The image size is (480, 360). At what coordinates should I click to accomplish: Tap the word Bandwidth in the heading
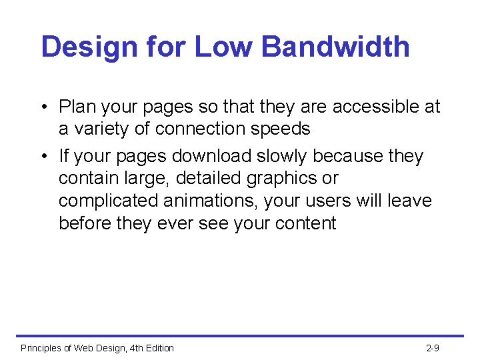(335, 47)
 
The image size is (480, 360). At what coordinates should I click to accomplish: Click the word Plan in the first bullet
(77, 107)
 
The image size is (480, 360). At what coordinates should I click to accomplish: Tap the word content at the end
(303, 223)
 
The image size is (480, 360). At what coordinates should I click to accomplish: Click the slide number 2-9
(432, 348)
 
